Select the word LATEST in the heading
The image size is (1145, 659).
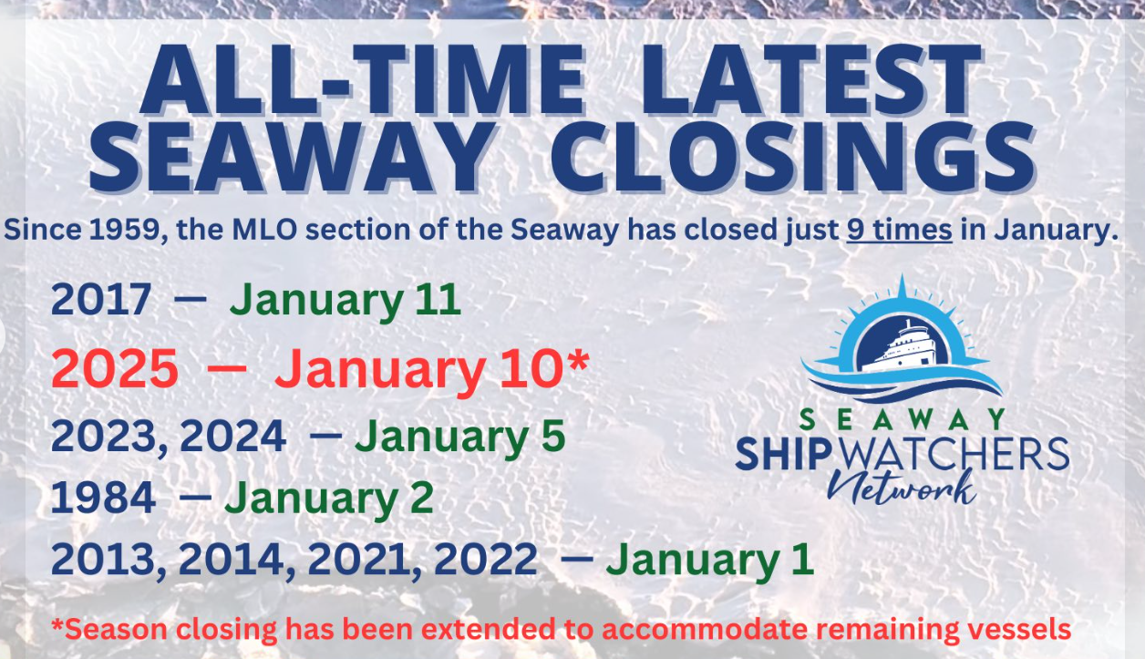[x=810, y=79]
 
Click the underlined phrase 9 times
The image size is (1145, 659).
[x=899, y=230]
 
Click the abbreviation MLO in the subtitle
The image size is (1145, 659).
[x=264, y=230]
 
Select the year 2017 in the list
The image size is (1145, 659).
[x=100, y=300]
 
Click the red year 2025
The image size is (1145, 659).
[x=115, y=368]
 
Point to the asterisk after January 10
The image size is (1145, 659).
[x=579, y=361]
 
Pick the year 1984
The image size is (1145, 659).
[x=103, y=498]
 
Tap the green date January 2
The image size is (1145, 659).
[x=329, y=499]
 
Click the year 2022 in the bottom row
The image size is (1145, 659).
[x=486, y=560]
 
